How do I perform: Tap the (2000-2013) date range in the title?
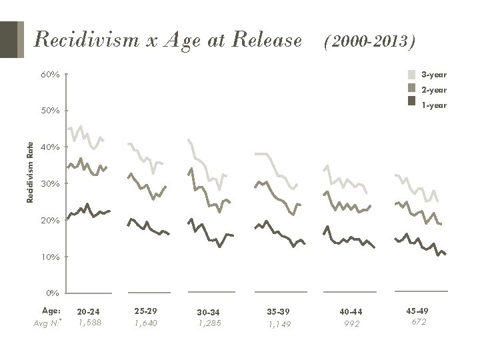tap(370, 42)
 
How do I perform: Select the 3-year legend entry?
tap(434, 75)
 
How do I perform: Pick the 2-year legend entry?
tap(434, 89)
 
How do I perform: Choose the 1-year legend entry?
tap(434, 105)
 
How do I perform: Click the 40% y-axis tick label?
tap(51, 147)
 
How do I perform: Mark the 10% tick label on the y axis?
tap(51, 257)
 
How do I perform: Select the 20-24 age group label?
tap(89, 311)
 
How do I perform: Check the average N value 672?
tap(419, 321)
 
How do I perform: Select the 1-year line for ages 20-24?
tap(87, 211)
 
